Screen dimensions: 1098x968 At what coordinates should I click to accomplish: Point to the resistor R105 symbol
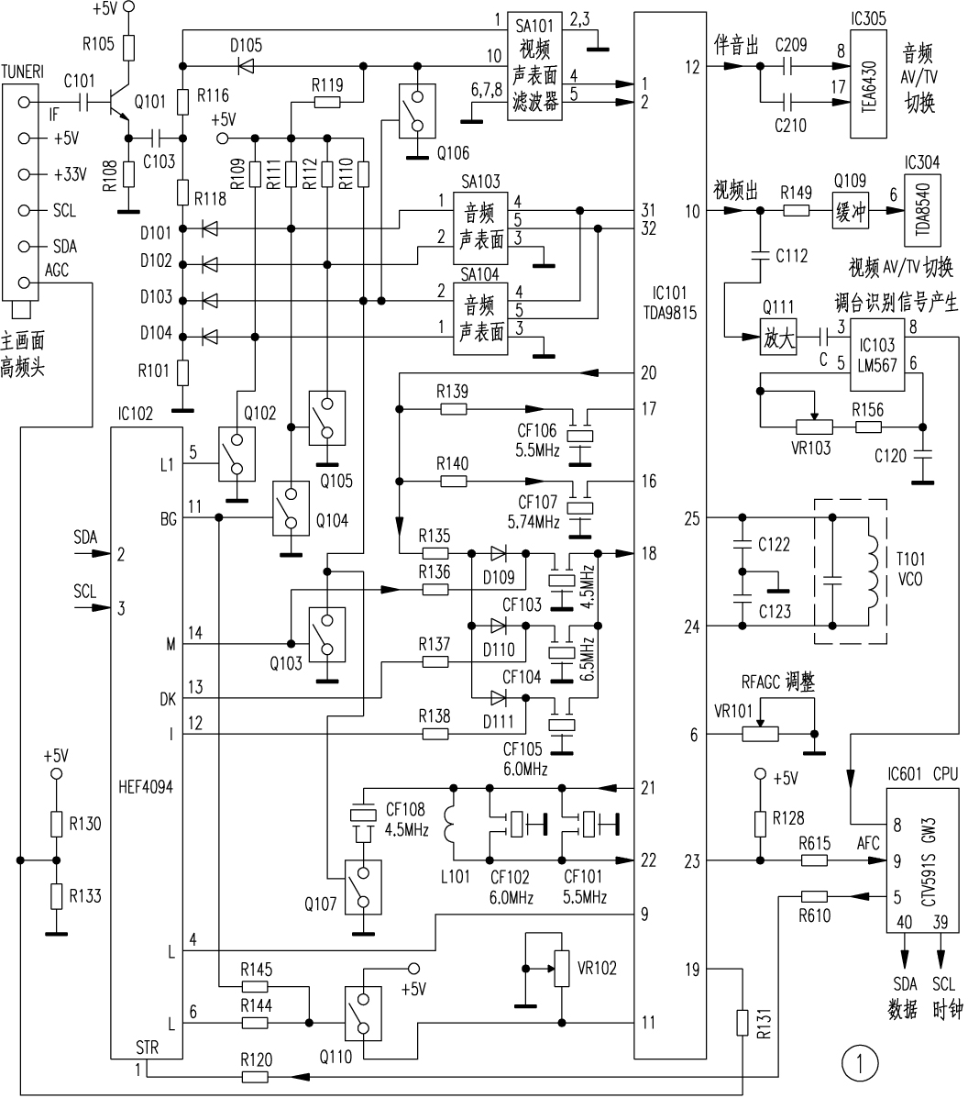tap(129, 46)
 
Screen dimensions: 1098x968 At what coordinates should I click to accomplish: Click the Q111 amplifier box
tap(779, 338)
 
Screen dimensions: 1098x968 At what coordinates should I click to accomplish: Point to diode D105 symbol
tap(246, 65)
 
